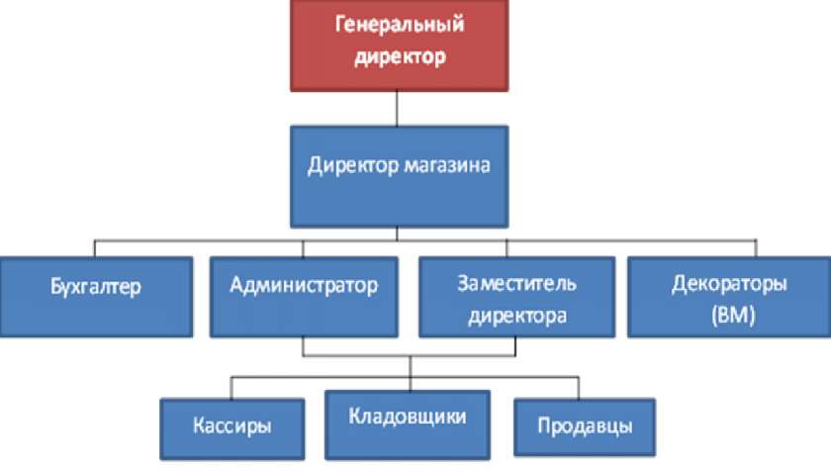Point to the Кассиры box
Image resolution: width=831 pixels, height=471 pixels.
[x=232, y=427]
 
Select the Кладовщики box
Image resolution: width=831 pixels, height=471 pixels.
[x=407, y=424]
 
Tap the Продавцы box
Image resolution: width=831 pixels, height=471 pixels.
[x=584, y=427]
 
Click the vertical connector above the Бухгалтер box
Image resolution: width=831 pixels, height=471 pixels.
[x=95, y=248]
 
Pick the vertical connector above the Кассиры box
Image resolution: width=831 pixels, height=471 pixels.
[x=232, y=387]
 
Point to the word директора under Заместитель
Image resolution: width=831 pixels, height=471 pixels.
[x=516, y=317]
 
